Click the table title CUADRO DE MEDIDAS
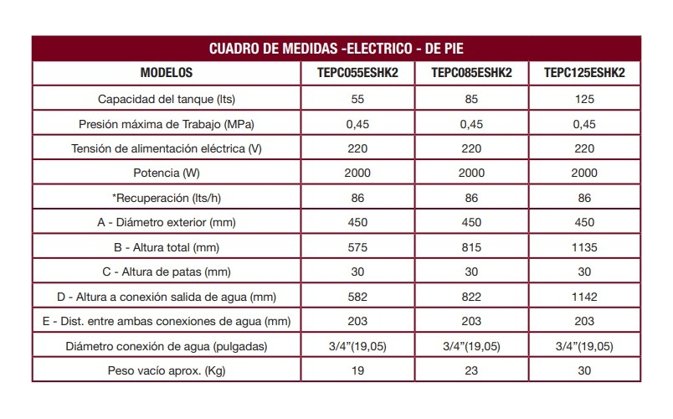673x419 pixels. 275,48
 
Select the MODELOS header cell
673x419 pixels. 167,73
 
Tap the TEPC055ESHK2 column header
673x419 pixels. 357,73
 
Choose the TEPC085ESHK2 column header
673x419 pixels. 471,73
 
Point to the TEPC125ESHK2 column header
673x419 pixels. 584,73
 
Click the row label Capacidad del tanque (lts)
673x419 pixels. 167,99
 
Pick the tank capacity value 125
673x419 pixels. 584,99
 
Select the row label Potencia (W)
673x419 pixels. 167,173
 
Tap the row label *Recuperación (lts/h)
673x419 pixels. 167,198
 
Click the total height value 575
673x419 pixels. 357,247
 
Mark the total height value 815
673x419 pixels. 471,247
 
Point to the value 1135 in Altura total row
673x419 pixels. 584,247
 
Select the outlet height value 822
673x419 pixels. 471,297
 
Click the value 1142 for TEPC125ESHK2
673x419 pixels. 584,297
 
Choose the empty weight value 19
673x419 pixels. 357,370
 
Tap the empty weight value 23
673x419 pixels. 471,370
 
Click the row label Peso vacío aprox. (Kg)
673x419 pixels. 167,371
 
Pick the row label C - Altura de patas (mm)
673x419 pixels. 167,272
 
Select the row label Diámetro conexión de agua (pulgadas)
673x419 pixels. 167,346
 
